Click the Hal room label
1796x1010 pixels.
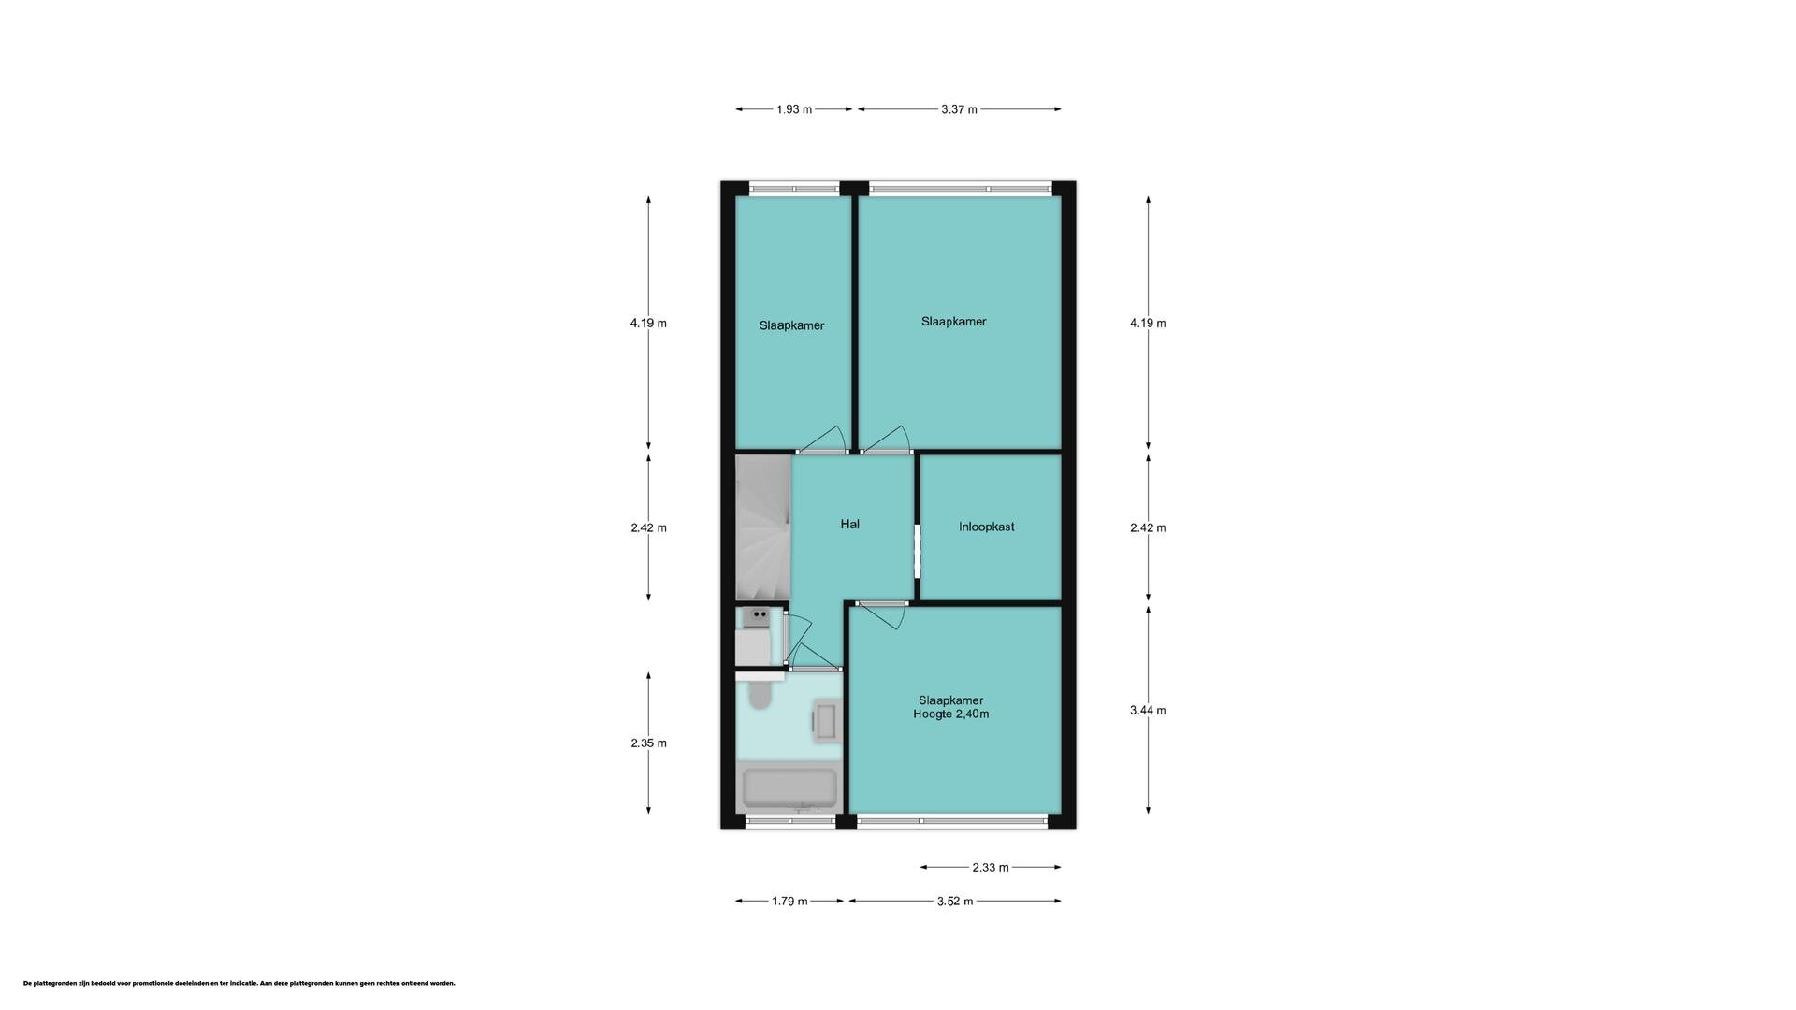click(849, 525)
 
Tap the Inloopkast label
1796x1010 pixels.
click(986, 527)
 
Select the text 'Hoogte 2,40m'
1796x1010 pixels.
click(950, 714)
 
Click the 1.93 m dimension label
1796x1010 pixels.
click(793, 109)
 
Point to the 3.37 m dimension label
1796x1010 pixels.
click(959, 109)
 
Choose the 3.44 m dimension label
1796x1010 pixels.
click(1148, 711)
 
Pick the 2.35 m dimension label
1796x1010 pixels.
click(648, 743)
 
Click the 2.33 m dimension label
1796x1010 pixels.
click(990, 868)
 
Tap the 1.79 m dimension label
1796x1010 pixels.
click(789, 902)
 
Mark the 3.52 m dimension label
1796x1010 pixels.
click(954, 902)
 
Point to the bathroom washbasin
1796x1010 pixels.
click(825, 721)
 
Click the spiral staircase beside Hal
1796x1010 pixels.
click(763, 527)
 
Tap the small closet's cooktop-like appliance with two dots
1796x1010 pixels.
click(755, 617)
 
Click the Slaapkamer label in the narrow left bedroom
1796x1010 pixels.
click(791, 326)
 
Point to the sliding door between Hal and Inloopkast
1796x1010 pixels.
click(917, 553)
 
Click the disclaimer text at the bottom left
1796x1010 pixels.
click(239, 984)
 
